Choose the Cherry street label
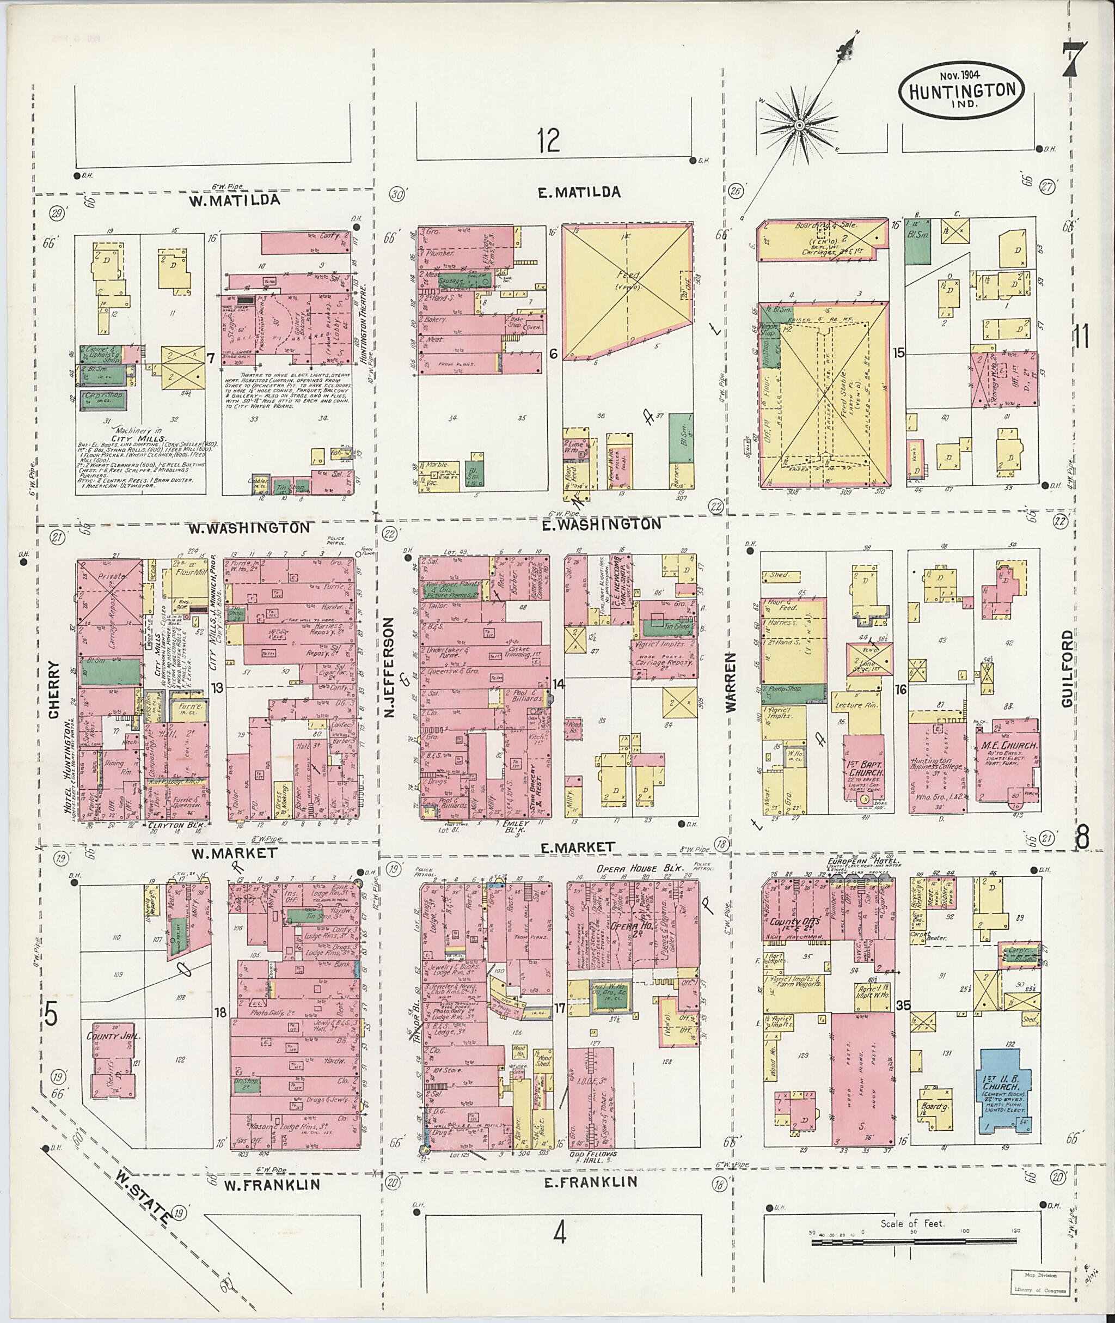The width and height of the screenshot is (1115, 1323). (54, 690)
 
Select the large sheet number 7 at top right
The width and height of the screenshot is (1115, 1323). (1074, 67)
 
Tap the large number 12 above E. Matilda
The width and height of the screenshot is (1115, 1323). (549, 140)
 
